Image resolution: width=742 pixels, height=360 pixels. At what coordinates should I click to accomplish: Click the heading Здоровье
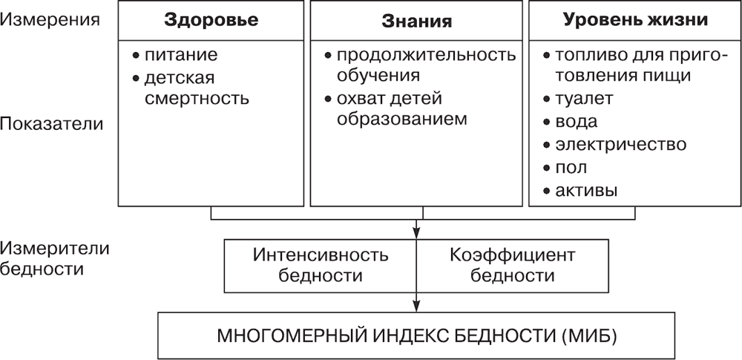coord(211,21)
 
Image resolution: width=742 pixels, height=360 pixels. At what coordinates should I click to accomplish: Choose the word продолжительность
coord(426,56)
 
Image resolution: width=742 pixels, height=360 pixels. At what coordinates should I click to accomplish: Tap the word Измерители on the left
coord(56,247)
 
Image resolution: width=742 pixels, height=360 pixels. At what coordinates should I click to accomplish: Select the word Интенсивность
coord(321,255)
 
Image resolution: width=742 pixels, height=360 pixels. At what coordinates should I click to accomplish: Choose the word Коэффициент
coord(513,255)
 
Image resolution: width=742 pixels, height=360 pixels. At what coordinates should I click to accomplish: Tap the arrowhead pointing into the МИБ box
coord(417,308)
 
